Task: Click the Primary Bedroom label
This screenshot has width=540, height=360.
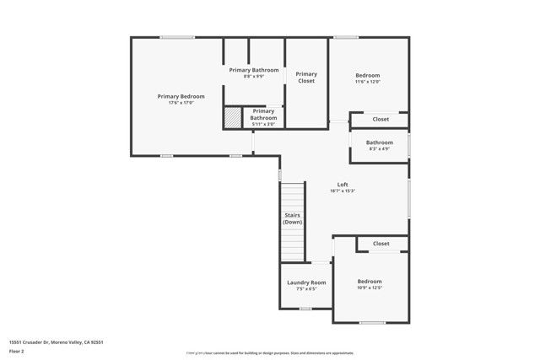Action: pyautogui.click(x=181, y=96)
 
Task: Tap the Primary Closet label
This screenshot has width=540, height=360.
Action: pyautogui.click(x=306, y=77)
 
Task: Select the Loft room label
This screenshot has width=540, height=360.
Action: pyautogui.click(x=343, y=184)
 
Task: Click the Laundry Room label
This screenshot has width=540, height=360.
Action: pyautogui.click(x=306, y=282)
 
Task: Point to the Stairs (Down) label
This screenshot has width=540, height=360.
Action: pyautogui.click(x=293, y=218)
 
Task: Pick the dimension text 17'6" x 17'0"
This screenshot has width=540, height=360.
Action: pyautogui.click(x=181, y=103)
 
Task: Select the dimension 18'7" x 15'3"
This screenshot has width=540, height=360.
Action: pyautogui.click(x=343, y=191)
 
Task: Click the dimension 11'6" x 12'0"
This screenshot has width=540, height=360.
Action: pyautogui.click(x=368, y=82)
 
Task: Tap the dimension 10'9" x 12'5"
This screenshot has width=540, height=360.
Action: pyautogui.click(x=370, y=287)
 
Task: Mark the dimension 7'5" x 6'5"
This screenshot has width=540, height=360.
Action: pyautogui.click(x=306, y=288)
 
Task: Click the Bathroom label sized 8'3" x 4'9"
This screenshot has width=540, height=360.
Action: pyautogui.click(x=379, y=142)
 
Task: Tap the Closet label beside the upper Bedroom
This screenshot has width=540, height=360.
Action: pyautogui.click(x=381, y=119)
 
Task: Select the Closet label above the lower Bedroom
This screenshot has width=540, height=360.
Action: pyautogui.click(x=381, y=244)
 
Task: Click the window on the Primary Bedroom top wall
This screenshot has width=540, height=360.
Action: pyautogui.click(x=176, y=36)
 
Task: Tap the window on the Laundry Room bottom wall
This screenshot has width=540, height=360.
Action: pyautogui.click(x=305, y=308)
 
